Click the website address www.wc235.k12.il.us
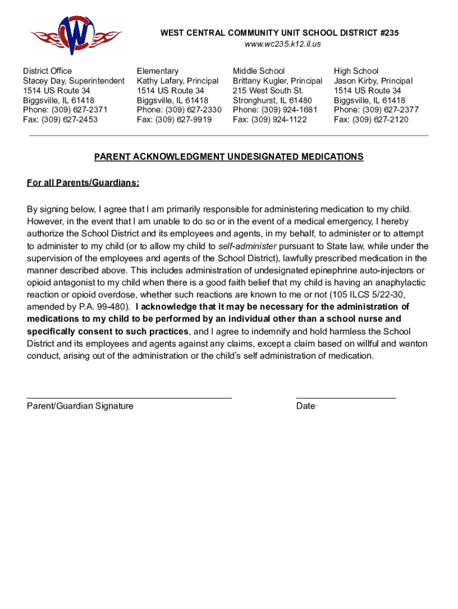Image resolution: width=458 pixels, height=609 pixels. (279, 45)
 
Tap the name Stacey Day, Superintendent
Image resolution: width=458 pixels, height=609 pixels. (74, 81)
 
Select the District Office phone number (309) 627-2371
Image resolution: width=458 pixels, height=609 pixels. (80, 110)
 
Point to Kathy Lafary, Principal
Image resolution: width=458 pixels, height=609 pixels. (177, 81)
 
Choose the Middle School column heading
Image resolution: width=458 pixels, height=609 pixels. (259, 71)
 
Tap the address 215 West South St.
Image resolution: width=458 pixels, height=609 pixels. (268, 90)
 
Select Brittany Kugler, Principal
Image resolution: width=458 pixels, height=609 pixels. (277, 81)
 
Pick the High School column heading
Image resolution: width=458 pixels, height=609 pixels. (356, 71)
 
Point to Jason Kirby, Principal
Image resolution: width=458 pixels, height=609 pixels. (373, 81)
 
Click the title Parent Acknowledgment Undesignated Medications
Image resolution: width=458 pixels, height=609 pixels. (228, 157)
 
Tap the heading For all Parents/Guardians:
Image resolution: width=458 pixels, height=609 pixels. (83, 183)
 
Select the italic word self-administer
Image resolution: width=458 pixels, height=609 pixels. (247, 246)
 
